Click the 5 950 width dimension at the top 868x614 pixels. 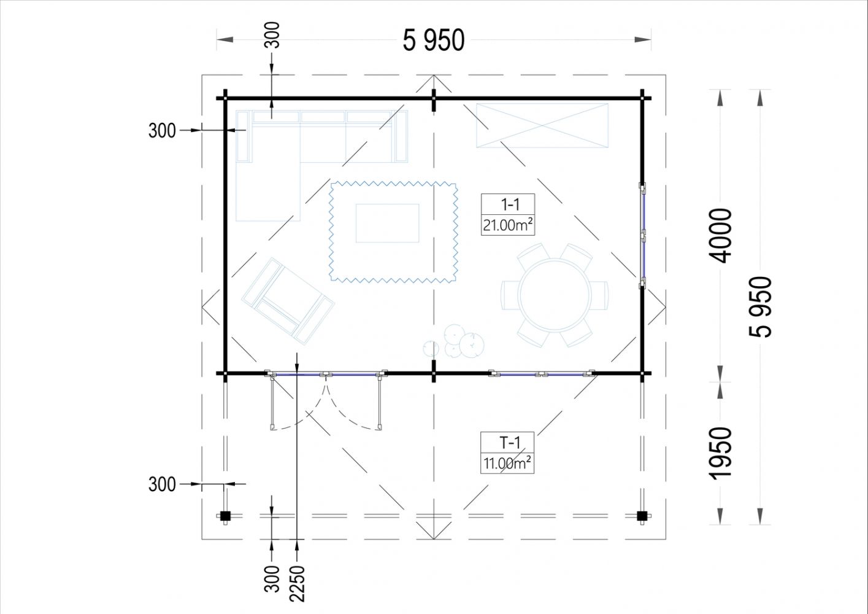tap(433, 40)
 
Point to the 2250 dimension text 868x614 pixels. tap(298, 584)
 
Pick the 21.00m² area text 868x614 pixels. tap(508, 225)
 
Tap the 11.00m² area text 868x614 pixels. tap(507, 463)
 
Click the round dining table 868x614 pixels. tap(555, 295)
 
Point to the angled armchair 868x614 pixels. tap(288, 301)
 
